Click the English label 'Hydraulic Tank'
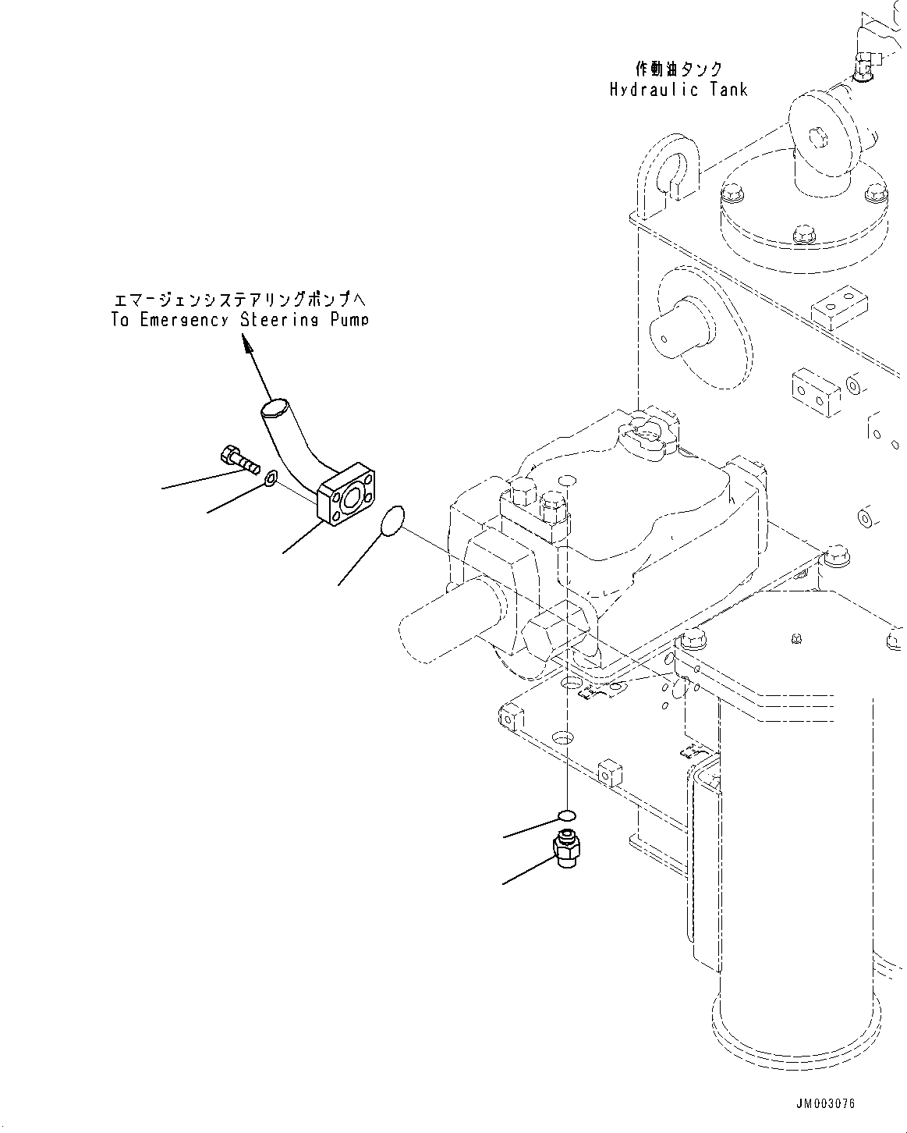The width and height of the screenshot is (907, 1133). (678, 89)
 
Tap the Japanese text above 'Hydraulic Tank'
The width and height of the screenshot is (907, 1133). (678, 69)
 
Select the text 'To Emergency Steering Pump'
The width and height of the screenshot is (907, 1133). (239, 320)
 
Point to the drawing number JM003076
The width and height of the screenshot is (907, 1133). (826, 1103)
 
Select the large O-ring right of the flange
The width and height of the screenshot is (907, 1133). (392, 520)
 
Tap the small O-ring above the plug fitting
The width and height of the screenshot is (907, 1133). (567, 816)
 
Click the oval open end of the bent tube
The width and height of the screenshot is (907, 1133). (275, 407)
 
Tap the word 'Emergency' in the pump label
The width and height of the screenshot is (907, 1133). (182, 320)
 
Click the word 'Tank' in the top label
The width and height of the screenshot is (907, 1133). (728, 89)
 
